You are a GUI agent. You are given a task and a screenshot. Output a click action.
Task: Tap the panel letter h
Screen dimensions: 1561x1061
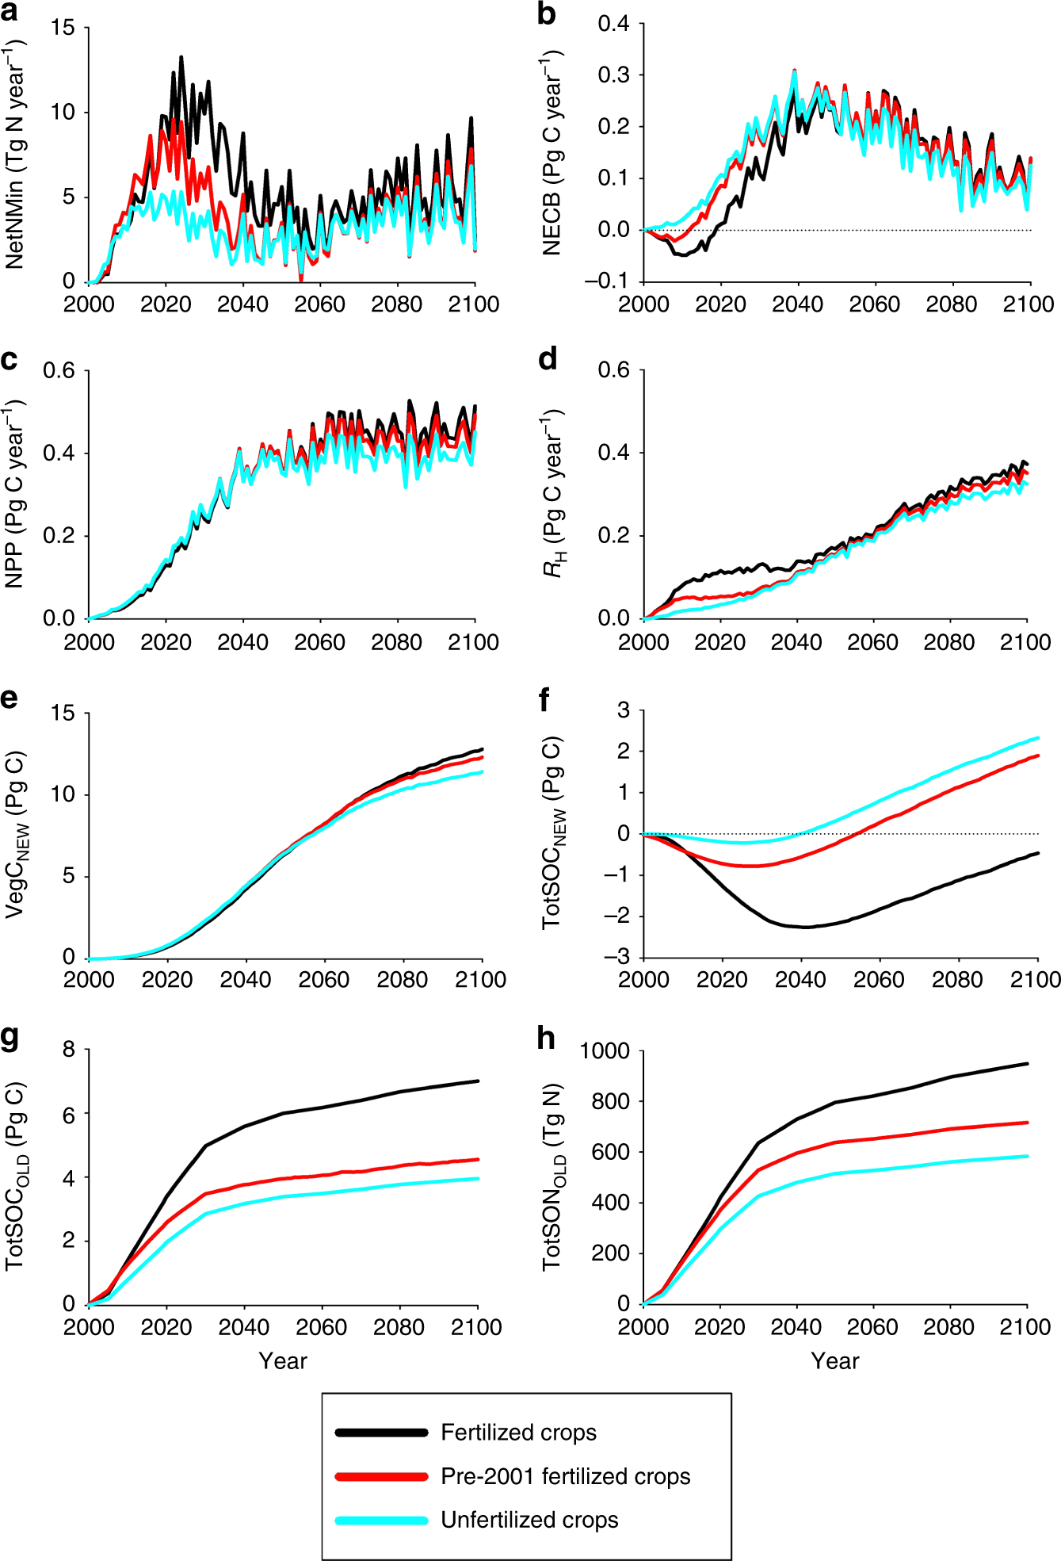coord(547,1038)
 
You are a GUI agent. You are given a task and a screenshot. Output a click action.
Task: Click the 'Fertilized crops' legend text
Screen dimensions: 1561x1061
coord(518,1433)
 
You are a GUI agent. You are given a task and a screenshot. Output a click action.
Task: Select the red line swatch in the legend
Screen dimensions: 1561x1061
coord(381,1476)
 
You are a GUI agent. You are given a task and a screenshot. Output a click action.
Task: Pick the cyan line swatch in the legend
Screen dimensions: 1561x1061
coord(381,1520)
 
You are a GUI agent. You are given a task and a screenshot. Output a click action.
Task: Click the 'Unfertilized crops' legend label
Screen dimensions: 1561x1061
coord(529,1520)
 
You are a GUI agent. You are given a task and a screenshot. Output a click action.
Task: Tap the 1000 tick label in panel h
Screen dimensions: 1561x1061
coord(605,1051)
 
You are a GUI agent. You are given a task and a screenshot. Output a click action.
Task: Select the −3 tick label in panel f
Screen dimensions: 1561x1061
coord(617,957)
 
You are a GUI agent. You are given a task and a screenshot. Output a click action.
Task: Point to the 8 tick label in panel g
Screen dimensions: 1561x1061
coord(69,1050)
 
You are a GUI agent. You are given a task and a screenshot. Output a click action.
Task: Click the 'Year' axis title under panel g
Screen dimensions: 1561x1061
coord(283,1360)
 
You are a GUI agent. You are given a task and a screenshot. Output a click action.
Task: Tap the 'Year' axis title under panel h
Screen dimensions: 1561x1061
coord(835,1360)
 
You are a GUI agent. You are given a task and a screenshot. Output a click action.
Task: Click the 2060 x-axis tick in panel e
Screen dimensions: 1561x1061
coord(323,980)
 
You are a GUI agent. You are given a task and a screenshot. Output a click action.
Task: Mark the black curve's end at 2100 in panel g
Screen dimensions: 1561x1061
coord(478,1081)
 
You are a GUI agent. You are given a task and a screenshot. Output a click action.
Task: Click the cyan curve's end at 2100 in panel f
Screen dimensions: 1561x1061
coord(1037,738)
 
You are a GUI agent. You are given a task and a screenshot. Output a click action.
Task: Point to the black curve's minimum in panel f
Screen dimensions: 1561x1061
coord(806,927)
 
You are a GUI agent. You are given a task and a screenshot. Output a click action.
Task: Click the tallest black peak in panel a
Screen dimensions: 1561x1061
coord(181,57)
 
